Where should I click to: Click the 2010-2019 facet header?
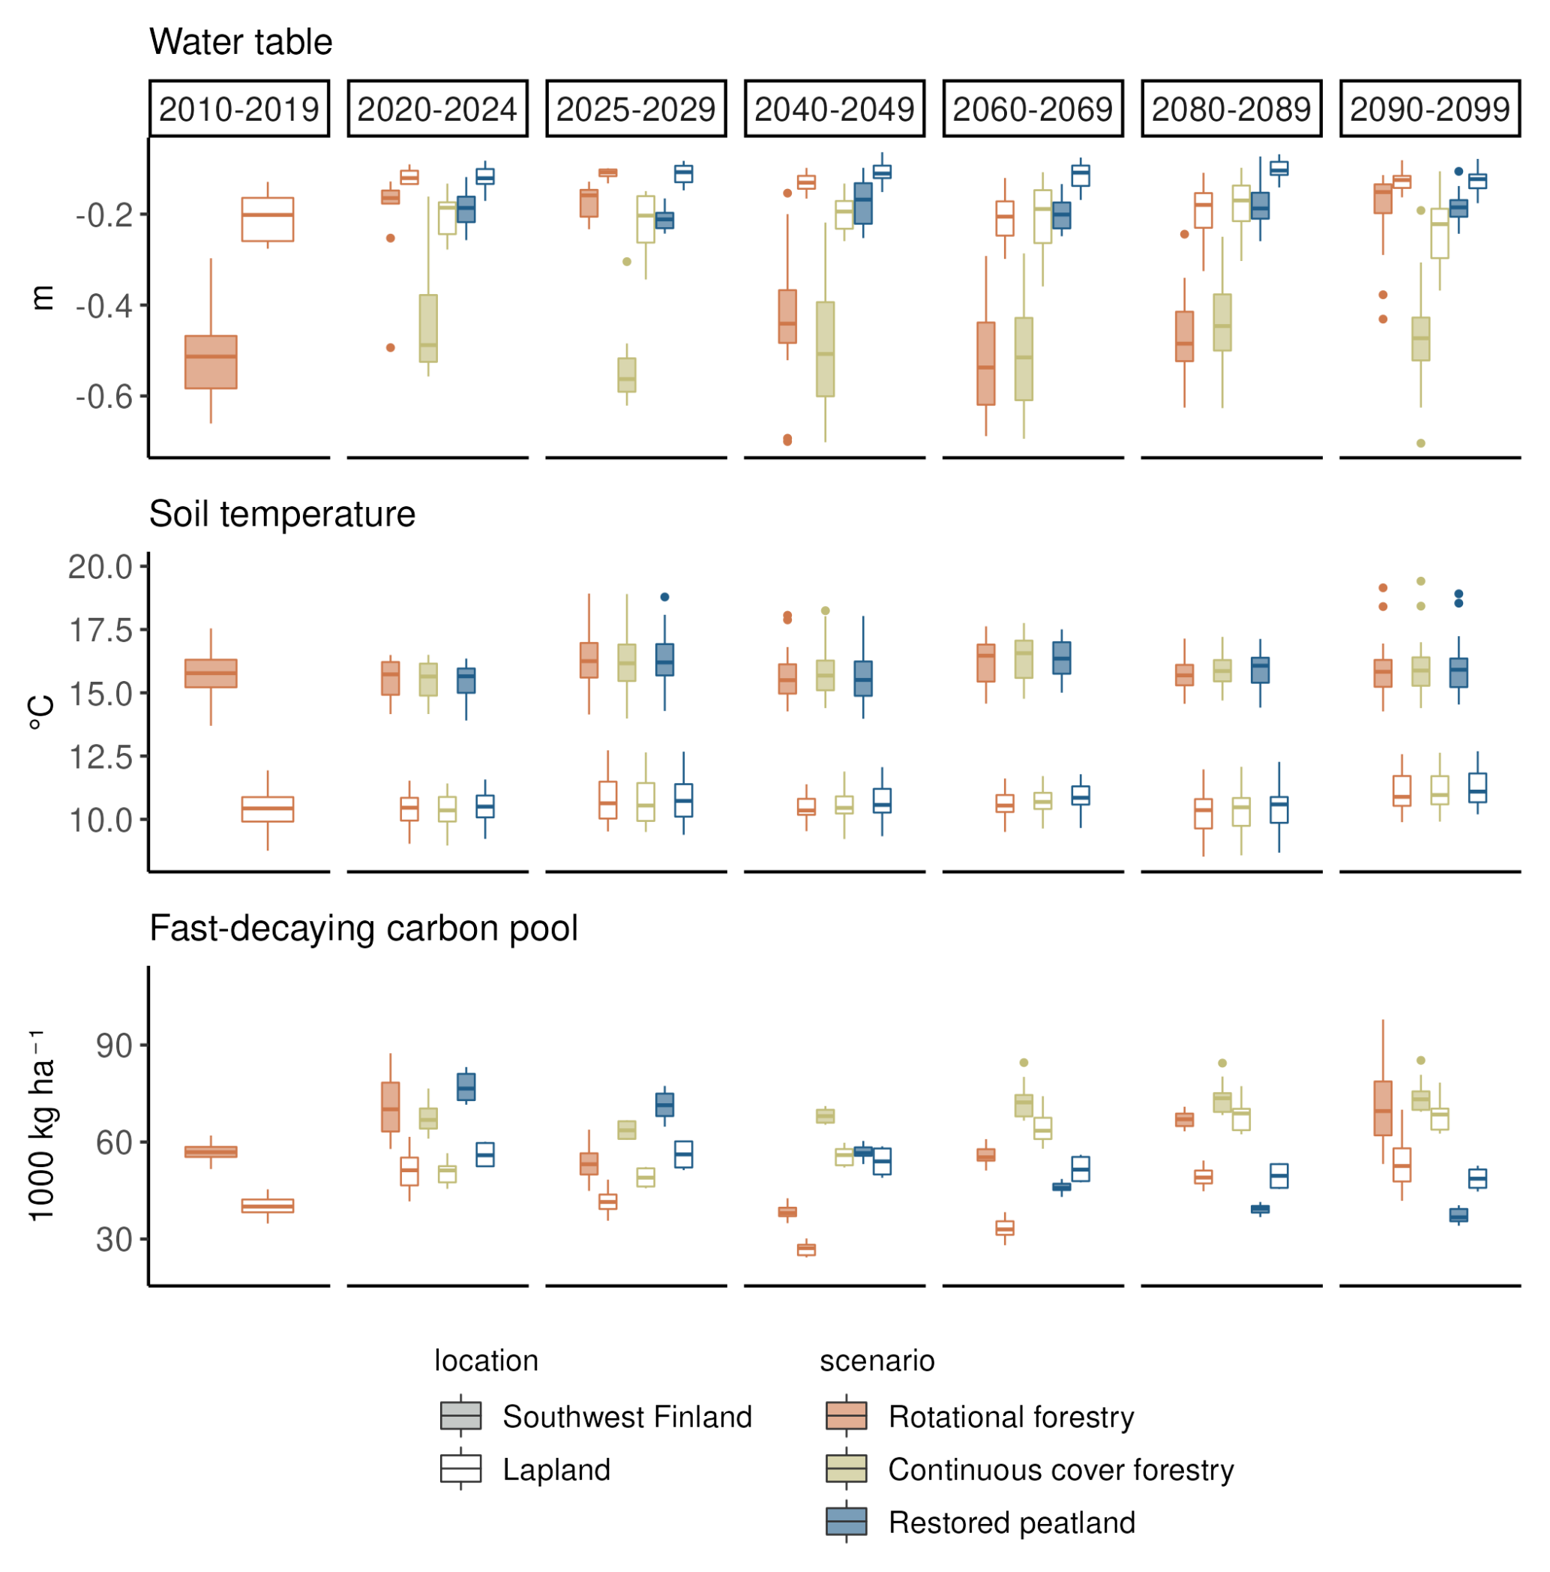coord(238,108)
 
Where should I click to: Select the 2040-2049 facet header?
coord(834,108)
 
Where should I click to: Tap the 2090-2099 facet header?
coord(1429,108)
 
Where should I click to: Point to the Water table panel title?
coord(241,41)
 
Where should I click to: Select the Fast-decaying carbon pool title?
coord(363,928)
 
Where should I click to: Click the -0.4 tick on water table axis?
coord(104,306)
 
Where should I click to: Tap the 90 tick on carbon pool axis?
coord(114,1045)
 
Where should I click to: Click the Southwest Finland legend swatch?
coord(460,1416)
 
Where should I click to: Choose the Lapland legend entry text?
coord(556,1469)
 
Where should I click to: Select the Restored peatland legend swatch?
coord(846,1522)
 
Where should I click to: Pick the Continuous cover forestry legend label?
coord(1061,1469)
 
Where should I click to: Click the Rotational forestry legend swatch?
coord(846,1416)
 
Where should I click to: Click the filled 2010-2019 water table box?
coord(211,362)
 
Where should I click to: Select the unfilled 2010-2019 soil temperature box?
coord(268,809)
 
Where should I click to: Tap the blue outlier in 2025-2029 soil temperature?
coord(664,597)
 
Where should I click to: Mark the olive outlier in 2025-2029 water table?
coord(626,262)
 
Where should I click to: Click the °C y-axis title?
coord(42,712)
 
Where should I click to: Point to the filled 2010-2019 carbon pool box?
coord(211,1152)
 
